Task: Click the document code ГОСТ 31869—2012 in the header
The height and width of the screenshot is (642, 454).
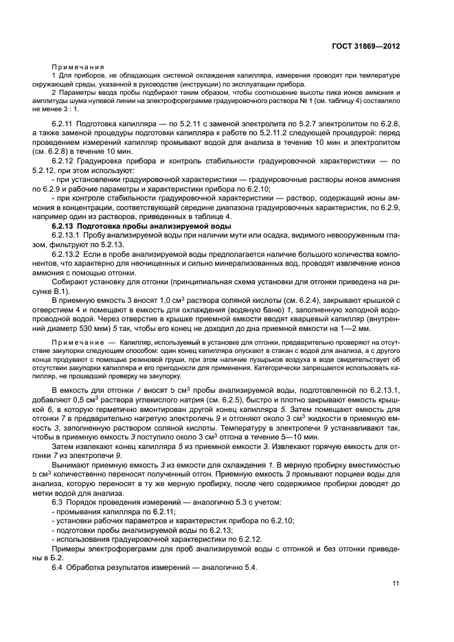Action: (x=366, y=46)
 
